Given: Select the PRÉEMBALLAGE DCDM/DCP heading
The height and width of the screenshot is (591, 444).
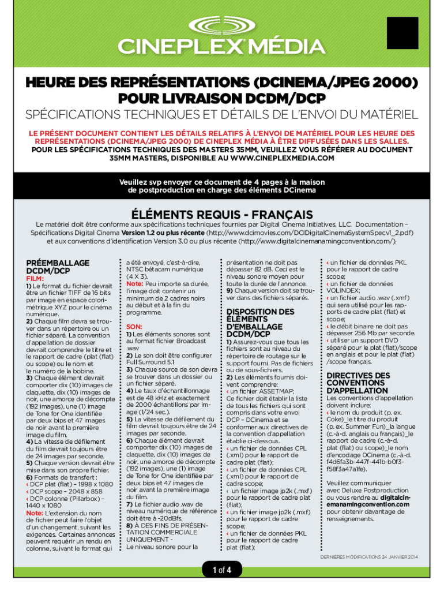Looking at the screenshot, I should click(58, 266).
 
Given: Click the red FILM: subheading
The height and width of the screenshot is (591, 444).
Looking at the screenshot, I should click(35, 278).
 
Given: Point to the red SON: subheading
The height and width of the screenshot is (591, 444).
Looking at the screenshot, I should click(134, 326).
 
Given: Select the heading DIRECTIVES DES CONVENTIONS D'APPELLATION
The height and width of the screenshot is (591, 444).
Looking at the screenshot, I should click(358, 384).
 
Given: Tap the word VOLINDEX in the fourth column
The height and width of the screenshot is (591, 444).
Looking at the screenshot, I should click(345, 291).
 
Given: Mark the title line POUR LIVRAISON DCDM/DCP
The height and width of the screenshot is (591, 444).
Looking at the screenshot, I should click(221, 96).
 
